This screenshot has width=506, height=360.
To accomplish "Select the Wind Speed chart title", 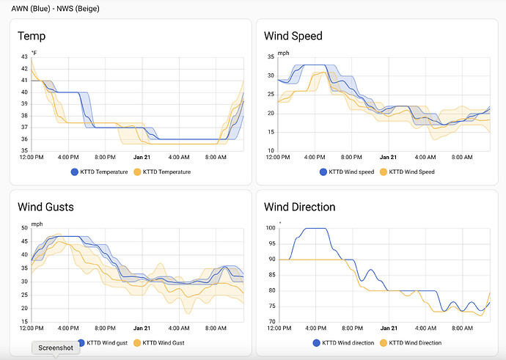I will (x=293, y=36).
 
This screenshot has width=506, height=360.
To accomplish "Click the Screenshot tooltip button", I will (x=56, y=348).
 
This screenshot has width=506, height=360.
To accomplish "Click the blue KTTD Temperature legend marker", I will (x=74, y=172).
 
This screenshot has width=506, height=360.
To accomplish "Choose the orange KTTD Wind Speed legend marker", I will (x=381, y=172).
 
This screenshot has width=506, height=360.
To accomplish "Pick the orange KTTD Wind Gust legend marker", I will (x=135, y=342).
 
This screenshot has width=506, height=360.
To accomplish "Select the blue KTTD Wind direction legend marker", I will (x=318, y=342).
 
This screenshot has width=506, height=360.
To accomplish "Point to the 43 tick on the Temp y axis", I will (x=24, y=56).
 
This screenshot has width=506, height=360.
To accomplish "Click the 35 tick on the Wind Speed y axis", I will (x=271, y=56).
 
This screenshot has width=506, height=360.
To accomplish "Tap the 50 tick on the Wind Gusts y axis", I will (x=24, y=229).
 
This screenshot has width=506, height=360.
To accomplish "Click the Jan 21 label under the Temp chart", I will (x=142, y=157).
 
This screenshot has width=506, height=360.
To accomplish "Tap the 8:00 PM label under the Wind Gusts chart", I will (x=105, y=328).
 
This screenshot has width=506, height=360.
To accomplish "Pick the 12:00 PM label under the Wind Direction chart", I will (x=279, y=328).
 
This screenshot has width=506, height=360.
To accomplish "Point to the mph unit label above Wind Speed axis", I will (x=283, y=52).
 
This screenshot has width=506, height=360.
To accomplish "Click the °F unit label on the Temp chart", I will (x=34, y=52).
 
